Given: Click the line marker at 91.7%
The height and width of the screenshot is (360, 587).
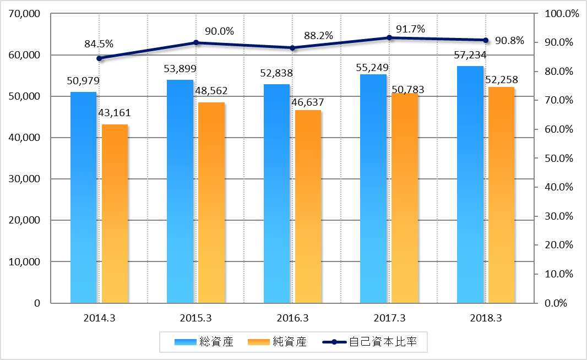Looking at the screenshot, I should (x=389, y=37).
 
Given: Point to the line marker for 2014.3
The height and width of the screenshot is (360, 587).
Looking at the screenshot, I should (x=99, y=58).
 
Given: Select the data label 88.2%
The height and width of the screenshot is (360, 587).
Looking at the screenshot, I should (x=318, y=36).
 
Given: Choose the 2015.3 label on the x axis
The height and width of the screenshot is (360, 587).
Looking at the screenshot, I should (x=195, y=318).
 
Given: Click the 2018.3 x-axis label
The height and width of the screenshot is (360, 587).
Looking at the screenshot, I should (x=486, y=318).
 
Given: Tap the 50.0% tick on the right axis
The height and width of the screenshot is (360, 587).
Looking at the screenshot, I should (x=559, y=159).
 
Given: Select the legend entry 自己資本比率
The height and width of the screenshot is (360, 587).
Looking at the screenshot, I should (x=382, y=342).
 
